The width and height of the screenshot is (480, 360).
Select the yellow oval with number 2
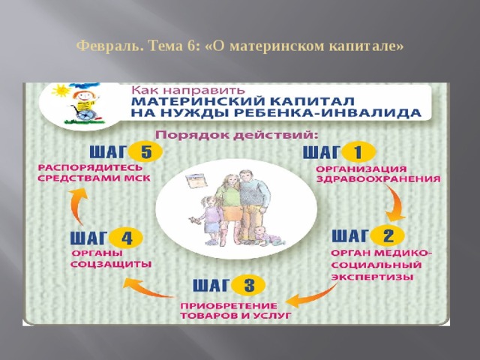click(388, 235)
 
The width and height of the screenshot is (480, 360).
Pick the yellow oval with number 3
click(249, 286)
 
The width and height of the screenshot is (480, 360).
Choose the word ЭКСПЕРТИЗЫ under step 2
click(372, 277)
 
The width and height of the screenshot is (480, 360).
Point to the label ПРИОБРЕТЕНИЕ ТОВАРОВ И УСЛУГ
click(235, 311)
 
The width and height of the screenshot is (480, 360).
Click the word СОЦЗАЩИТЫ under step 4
click(111, 265)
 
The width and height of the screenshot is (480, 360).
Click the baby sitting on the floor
click(263, 234)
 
